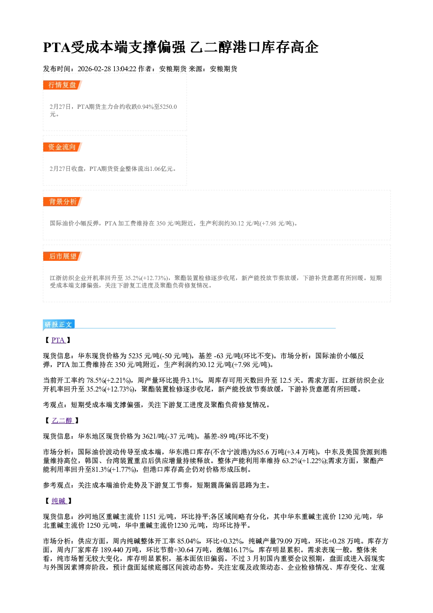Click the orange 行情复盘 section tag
pyautogui.click(x=62, y=85)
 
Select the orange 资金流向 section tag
pyautogui.click(x=62, y=147)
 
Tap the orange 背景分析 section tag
pyautogui.click(x=62, y=202)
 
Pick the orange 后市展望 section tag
pyautogui.click(x=62, y=256)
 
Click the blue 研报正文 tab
pyautogui.click(x=58, y=324)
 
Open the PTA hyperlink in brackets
pyautogui.click(x=58, y=340)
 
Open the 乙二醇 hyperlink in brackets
pyautogui.click(x=62, y=421)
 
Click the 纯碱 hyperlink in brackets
pyautogui.click(x=58, y=501)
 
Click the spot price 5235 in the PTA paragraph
pyautogui.click(x=135, y=356)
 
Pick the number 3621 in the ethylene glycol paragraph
pyautogui.click(x=149, y=436)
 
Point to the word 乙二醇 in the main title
pyautogui.click(x=210, y=47)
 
